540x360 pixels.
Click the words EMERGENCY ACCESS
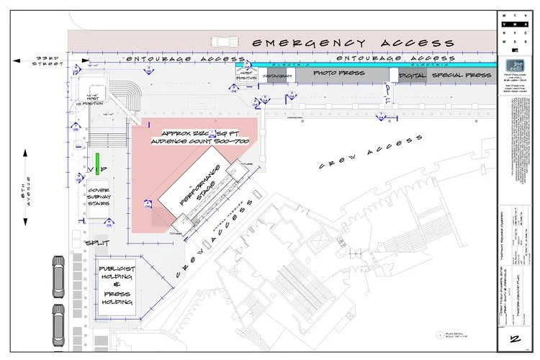358,43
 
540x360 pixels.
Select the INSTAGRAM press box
276,76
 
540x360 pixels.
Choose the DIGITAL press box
408,75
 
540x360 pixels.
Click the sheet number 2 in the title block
516,339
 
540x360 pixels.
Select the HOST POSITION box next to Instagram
247,75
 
